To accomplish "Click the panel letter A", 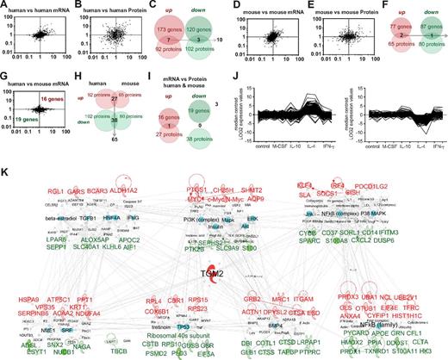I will [4, 5].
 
